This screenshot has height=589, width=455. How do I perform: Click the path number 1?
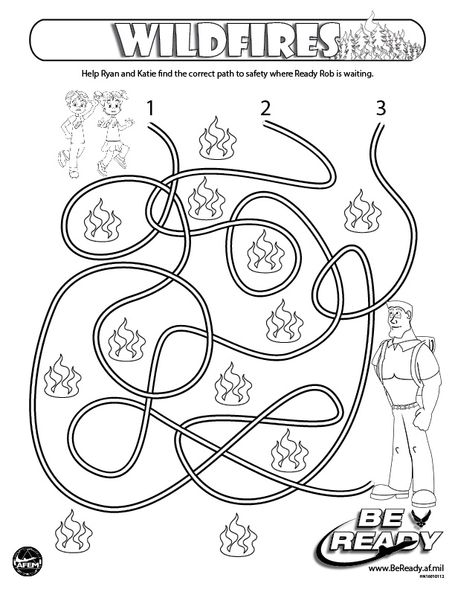click(x=150, y=109)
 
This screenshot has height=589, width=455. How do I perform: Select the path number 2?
click(x=265, y=109)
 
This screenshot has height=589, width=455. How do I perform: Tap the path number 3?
click(x=381, y=109)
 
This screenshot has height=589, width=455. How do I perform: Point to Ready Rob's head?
click(x=399, y=318)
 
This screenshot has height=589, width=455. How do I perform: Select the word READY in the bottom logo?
click(x=374, y=541)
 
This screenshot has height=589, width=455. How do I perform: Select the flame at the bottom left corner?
click(x=72, y=530)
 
